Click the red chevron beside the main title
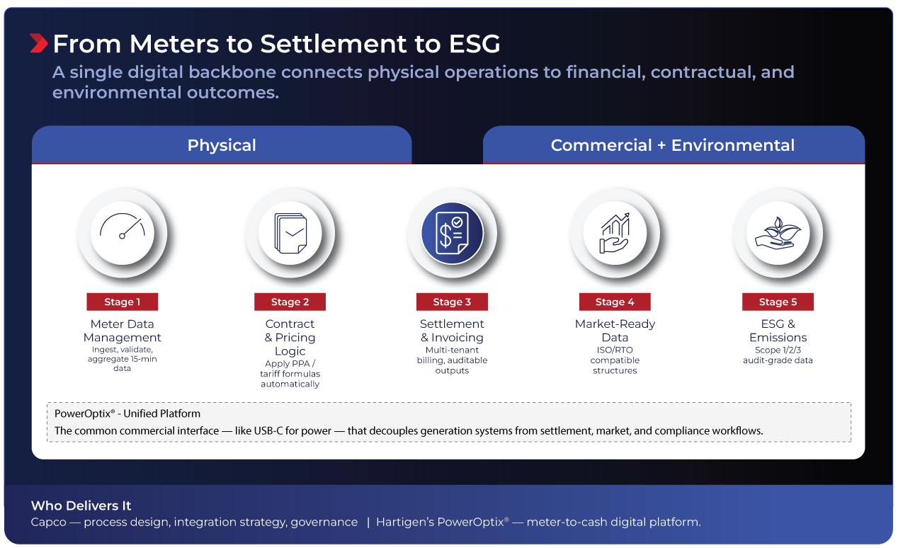point(39,43)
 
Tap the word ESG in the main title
point(474,44)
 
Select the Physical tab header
point(222,144)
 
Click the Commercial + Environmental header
point(673,144)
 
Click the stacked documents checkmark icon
point(290,233)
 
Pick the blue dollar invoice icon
point(453,233)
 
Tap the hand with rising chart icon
point(615,233)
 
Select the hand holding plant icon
point(778,233)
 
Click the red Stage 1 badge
point(123,302)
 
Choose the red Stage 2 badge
point(290,302)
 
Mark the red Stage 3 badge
point(453,302)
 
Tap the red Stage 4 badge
point(615,302)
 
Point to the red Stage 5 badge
point(778,302)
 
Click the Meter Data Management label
point(123,331)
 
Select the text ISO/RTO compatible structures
point(615,360)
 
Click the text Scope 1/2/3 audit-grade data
point(778,355)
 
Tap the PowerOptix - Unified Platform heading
point(127,413)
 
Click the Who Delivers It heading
point(81,506)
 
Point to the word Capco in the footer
point(48,522)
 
